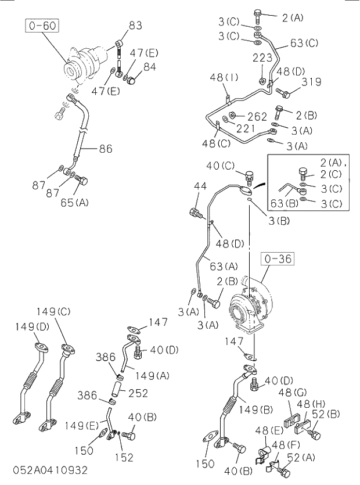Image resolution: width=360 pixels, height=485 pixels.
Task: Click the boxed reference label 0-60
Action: [x=42, y=26]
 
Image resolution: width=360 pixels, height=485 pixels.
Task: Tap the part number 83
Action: [x=135, y=26]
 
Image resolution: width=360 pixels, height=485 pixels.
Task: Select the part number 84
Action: [x=149, y=67]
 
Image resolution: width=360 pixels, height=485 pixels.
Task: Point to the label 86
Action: [x=105, y=149]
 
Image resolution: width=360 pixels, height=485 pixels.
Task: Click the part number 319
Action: [x=311, y=82]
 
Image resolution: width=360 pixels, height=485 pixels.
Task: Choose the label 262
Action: [x=257, y=116]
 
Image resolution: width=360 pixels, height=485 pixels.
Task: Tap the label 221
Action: [x=246, y=128]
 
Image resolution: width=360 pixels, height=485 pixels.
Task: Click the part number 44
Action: [x=200, y=186]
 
